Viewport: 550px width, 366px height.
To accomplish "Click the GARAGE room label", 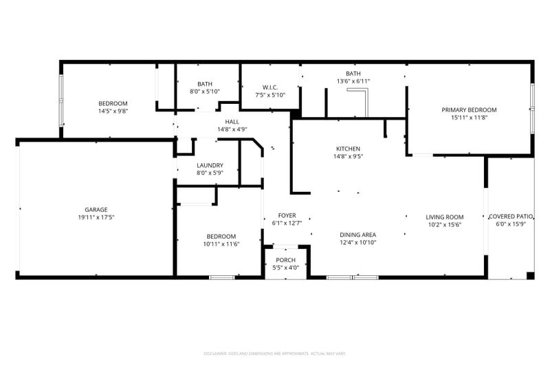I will tap(96, 210).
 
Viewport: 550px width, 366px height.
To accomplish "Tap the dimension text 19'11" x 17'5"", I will tap(96, 217).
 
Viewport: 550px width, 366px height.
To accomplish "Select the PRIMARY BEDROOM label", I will tap(469, 110).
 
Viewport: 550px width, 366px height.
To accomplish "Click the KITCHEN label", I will tap(348, 149).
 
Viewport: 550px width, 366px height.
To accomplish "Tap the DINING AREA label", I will tap(357, 235).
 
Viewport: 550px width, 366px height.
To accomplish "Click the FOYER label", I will tap(287, 215).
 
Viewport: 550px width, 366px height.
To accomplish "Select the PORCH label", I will tap(285, 260).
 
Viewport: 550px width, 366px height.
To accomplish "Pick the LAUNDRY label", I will tap(210, 165).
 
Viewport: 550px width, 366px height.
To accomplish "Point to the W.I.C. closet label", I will tap(269, 87).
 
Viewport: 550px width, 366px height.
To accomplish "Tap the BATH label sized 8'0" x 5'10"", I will tap(205, 84).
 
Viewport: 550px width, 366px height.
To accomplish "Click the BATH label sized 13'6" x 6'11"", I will tap(353, 74).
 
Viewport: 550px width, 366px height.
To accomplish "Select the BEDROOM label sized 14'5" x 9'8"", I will tap(113, 103).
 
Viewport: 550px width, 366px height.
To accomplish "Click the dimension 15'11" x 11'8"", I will tap(469, 118).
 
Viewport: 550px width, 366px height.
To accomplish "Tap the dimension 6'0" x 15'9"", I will tap(511, 224).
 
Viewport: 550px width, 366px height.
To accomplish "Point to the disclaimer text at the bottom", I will tap(275, 353).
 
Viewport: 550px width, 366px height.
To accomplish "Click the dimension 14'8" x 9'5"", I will tap(348, 156).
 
